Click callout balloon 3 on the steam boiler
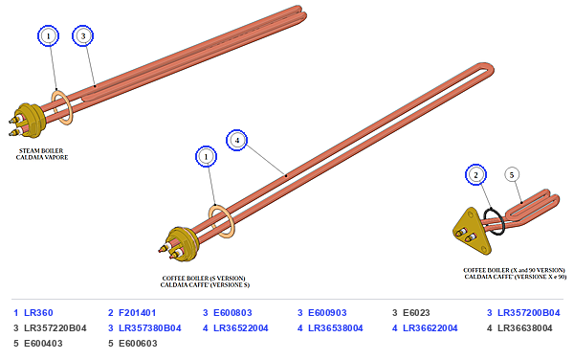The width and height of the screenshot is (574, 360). pyautogui.click(x=83, y=35)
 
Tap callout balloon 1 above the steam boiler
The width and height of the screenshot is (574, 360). pyautogui.click(x=49, y=35)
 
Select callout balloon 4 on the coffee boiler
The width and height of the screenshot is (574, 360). pyautogui.click(x=237, y=140)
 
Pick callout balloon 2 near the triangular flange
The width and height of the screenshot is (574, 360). pyautogui.click(x=475, y=174)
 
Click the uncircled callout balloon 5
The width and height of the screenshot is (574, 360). pyautogui.click(x=512, y=174)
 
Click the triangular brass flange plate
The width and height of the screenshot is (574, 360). pyautogui.click(x=472, y=232)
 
